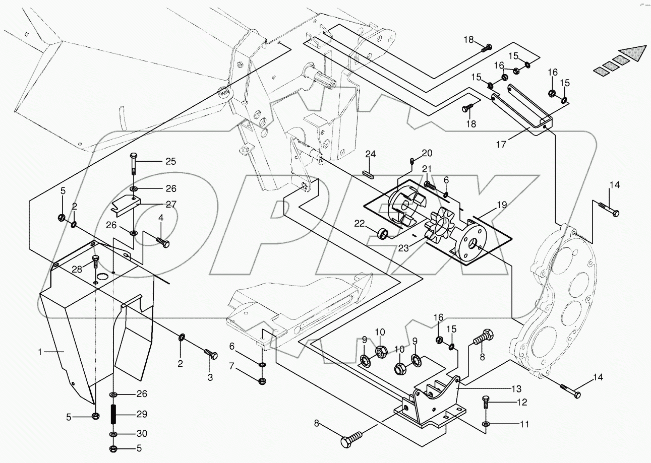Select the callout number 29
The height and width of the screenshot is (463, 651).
coord(141,414)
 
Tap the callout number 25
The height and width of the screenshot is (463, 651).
coord(171,161)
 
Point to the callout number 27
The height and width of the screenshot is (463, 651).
coord(171,205)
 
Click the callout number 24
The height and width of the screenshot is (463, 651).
coord(371,154)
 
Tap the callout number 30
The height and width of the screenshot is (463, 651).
coord(142,433)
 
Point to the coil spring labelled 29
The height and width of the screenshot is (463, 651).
coord(114,414)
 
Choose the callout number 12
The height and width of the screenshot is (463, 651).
coord(522,402)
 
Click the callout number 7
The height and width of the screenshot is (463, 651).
coord(231,366)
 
